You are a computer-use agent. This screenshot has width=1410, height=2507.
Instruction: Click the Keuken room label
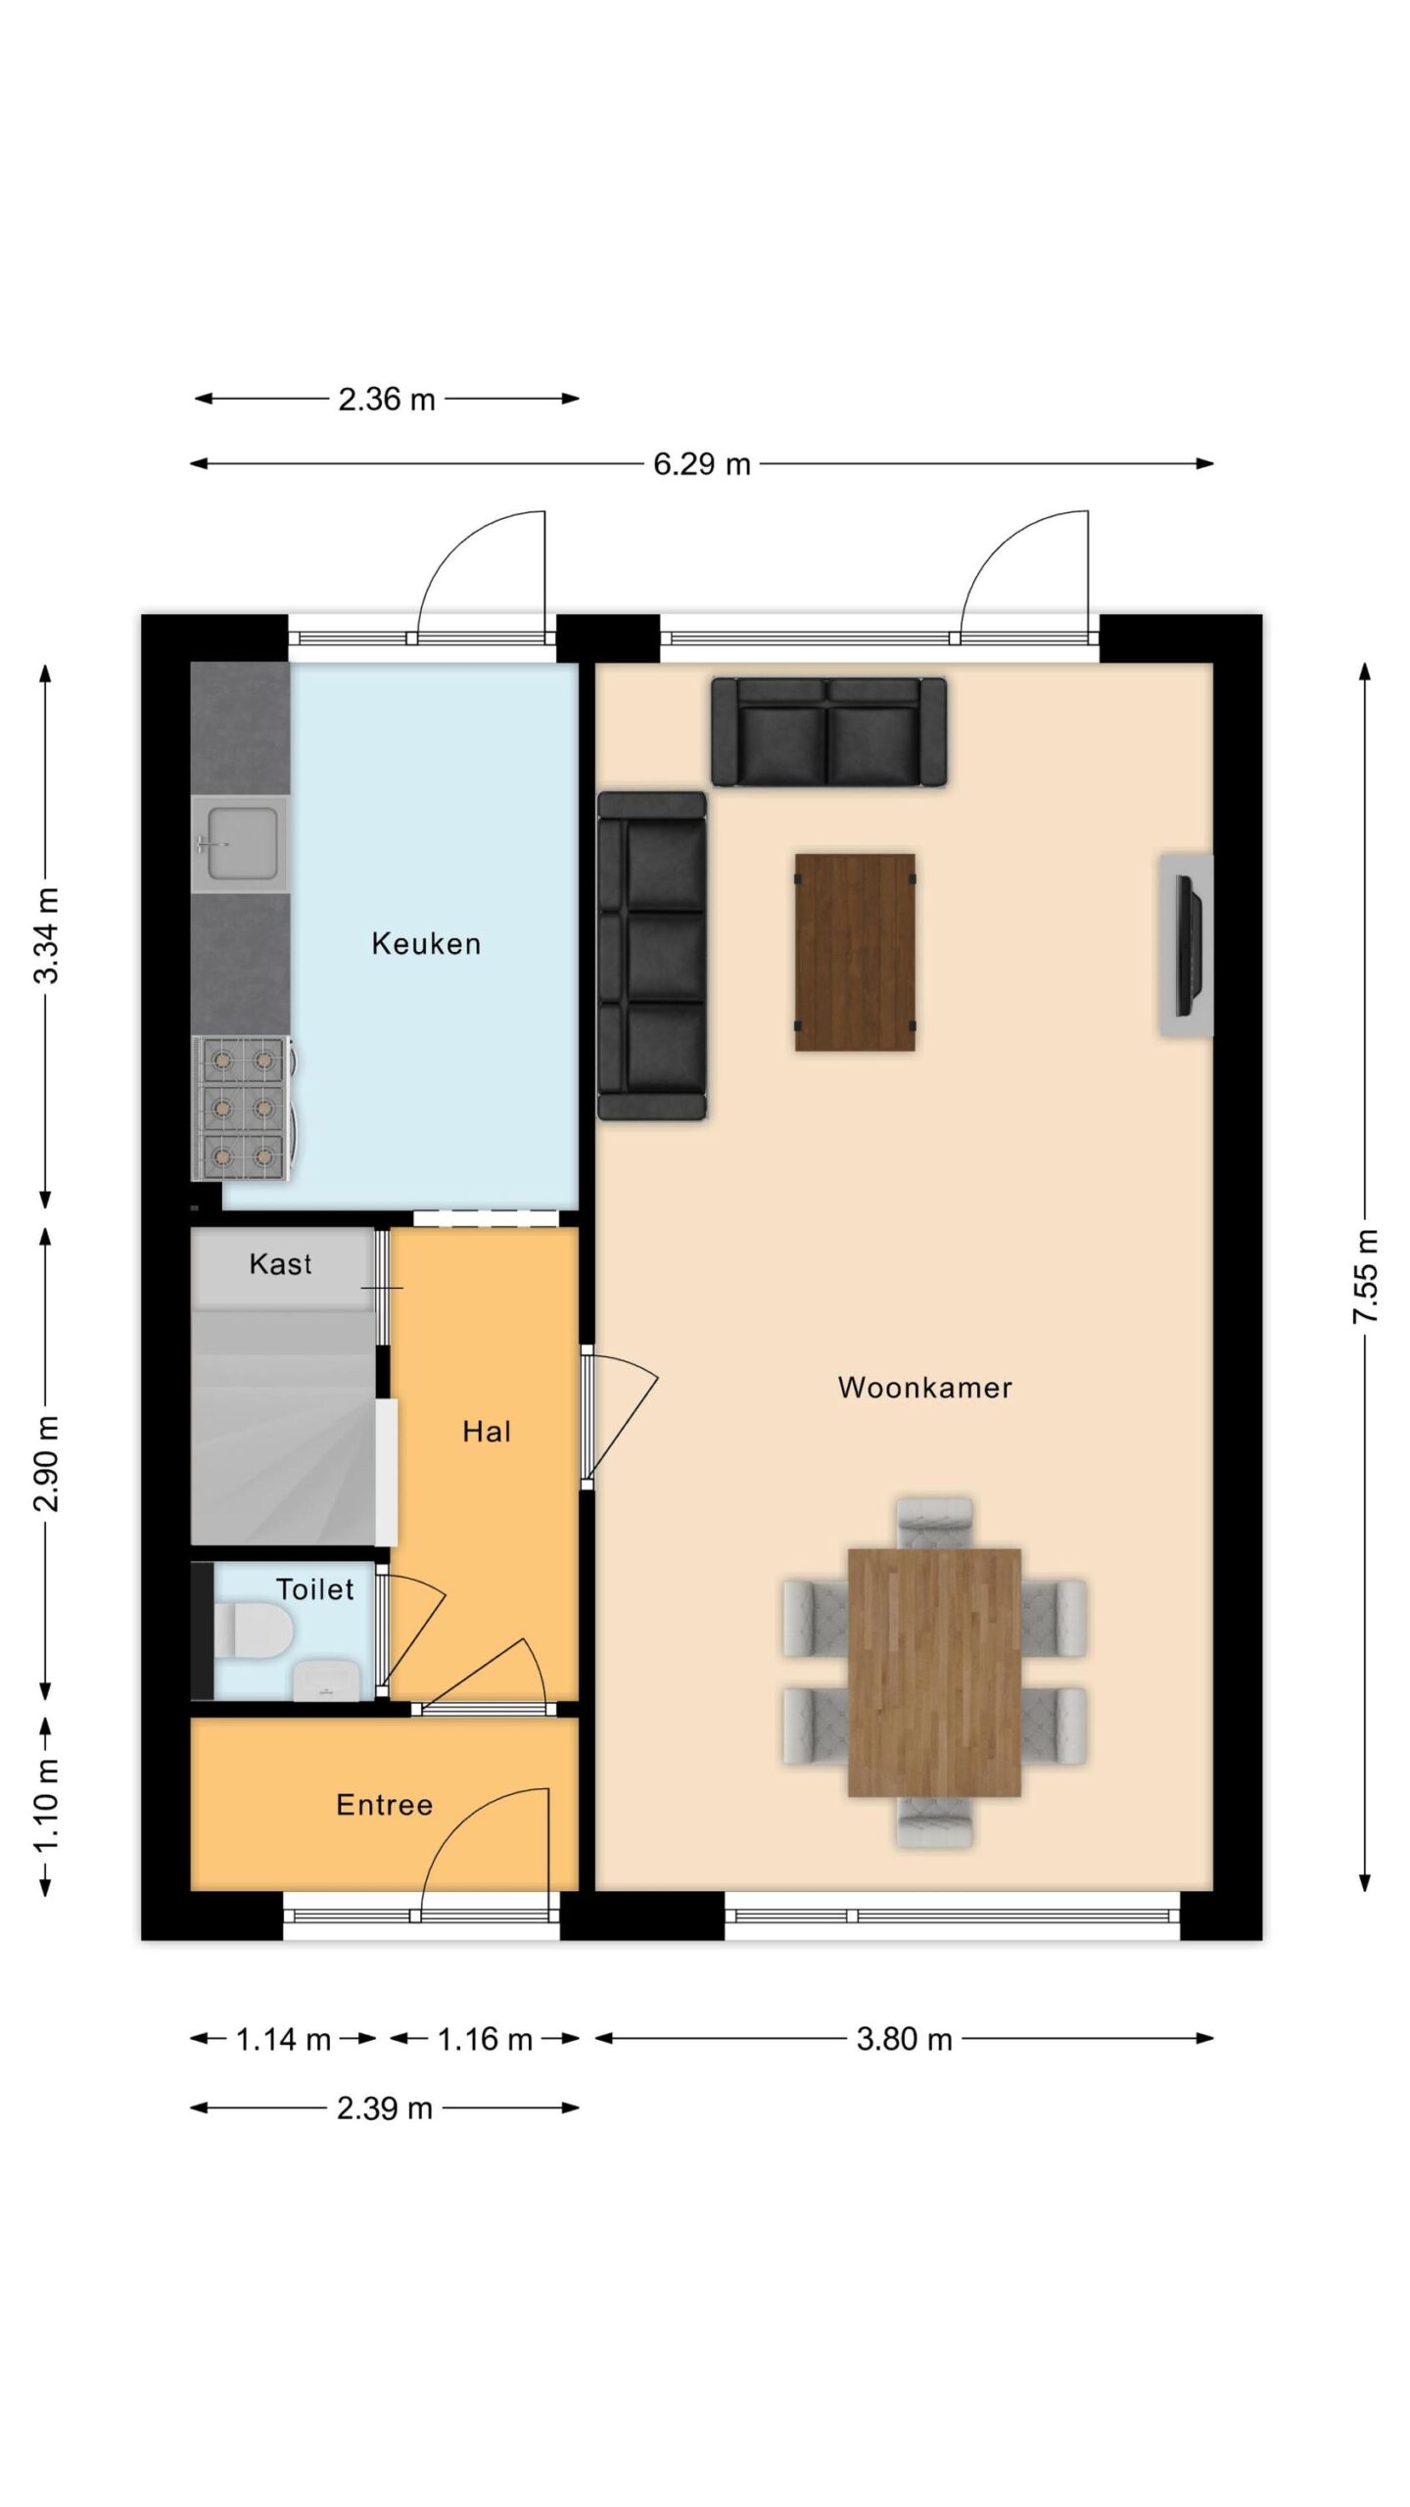pos(426,943)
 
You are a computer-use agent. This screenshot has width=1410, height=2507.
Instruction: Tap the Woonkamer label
pos(925,1387)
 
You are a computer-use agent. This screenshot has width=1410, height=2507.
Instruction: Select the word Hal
pos(487,1432)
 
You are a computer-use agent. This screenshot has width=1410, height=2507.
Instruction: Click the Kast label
pos(281,1263)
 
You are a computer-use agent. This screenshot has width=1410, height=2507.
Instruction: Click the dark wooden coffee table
pos(855,952)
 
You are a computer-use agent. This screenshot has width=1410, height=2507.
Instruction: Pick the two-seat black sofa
pos(828,732)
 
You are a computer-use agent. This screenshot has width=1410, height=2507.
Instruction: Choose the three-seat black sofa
pos(652,956)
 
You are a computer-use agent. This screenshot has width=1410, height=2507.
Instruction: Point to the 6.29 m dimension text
pos(702,463)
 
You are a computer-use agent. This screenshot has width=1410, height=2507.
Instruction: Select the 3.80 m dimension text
pos(904,2039)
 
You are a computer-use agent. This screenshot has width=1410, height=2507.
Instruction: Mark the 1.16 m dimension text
pos(485,2039)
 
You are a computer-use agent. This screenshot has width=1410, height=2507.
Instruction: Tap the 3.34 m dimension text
pos(46,935)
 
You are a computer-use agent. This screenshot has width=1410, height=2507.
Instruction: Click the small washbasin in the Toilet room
pos(326,1679)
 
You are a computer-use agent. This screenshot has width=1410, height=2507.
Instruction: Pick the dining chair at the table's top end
pos(935,1524)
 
